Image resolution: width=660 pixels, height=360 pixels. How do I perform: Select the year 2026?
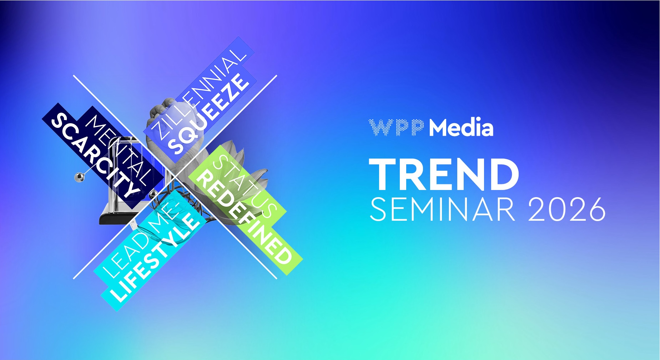click(567, 210)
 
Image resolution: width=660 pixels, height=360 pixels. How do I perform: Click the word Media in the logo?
click(461, 127)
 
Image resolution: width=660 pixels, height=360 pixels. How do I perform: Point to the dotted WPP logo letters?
click(397, 127)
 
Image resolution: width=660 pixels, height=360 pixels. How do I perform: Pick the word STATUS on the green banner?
click(245, 186)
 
